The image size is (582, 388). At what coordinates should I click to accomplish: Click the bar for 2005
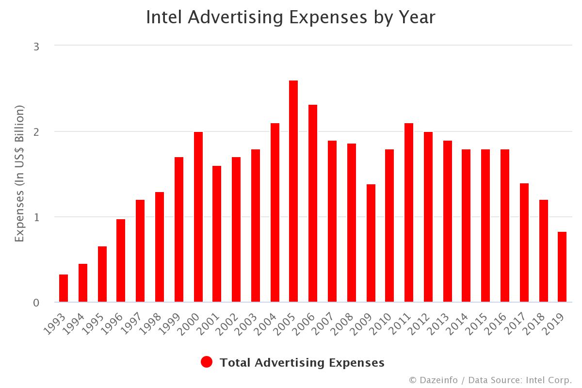[293, 191]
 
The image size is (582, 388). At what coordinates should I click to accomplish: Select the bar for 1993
[64, 288]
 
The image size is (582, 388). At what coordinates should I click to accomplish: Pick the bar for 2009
[371, 243]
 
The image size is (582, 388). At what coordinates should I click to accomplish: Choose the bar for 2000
[198, 217]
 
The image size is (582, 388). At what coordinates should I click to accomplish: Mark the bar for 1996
[121, 260]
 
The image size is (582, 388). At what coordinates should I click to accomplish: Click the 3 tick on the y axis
[36, 47]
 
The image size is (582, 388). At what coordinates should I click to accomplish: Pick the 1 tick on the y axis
[36, 217]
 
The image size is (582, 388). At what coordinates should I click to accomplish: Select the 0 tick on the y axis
[36, 303]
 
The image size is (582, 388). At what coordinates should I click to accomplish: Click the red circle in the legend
[207, 362]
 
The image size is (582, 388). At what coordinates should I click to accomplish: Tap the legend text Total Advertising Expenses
[302, 362]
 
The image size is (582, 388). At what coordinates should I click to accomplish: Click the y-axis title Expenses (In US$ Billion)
[19, 174]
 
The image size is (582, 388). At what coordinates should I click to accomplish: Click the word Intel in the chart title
[164, 17]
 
